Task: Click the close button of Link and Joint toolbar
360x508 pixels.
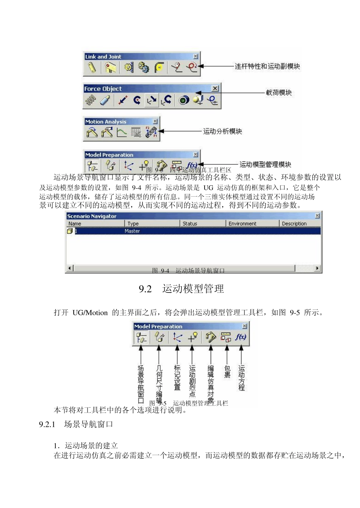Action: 196,56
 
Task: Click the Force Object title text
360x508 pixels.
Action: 103,89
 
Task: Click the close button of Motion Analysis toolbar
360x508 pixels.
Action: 155,121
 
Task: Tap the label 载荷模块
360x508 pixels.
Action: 279,92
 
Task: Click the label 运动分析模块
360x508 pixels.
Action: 222,131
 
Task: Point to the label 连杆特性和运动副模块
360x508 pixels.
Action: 267,66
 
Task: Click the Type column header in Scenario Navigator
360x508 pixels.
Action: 133,224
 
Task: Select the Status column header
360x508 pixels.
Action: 190,224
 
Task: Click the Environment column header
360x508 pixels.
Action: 242,224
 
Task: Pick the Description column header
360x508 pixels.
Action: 294,224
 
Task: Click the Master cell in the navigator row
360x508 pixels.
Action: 132,231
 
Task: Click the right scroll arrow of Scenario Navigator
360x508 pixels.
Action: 318,268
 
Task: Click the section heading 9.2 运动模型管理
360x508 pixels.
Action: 182,289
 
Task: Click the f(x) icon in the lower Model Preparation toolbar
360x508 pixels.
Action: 241,337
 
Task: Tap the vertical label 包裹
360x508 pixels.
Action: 227,372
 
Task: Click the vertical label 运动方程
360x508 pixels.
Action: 241,378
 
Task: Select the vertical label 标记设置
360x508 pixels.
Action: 177,377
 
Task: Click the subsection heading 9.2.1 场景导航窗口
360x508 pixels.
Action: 76,424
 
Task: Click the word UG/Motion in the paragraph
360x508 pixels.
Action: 90,313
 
